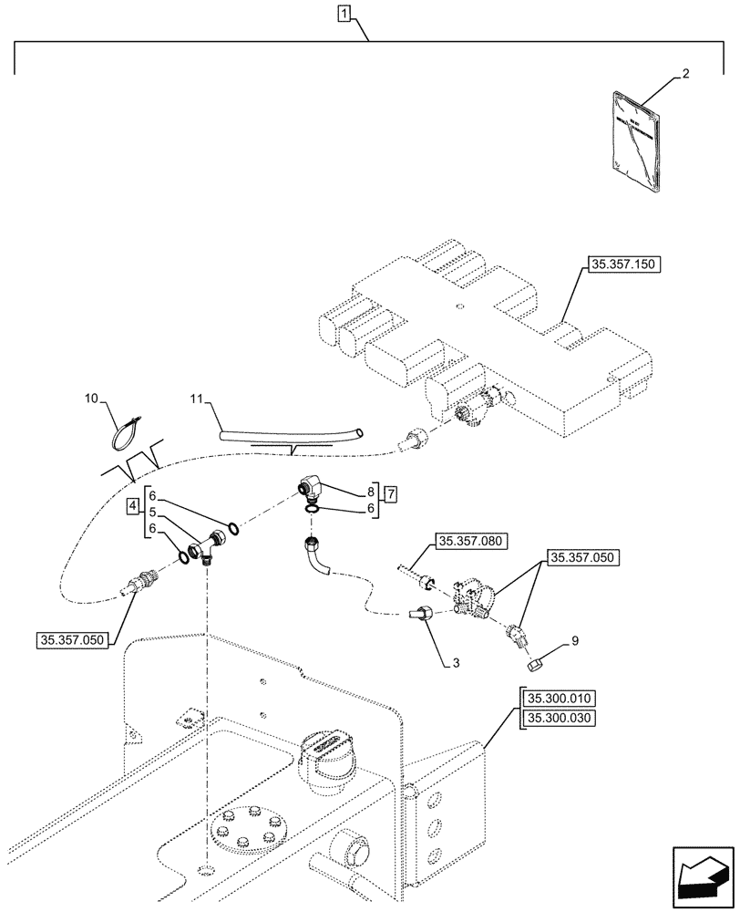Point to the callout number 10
[90, 399]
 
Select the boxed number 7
[390, 494]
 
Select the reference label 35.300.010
[558, 699]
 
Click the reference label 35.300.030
[558, 719]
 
